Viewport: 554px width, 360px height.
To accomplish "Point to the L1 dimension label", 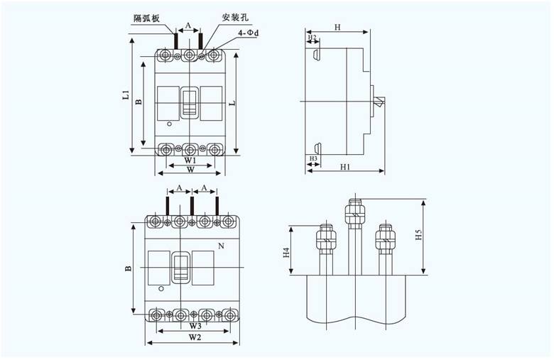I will click(124, 94).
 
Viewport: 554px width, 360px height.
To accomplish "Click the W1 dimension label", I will click(189, 161).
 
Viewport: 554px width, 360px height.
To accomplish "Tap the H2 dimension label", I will click(313, 36).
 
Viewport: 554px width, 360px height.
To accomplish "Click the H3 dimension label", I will click(313, 158).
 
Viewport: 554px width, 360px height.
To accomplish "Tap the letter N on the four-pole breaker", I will click(221, 246).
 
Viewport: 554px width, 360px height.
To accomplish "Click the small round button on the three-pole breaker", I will click(169, 125).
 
